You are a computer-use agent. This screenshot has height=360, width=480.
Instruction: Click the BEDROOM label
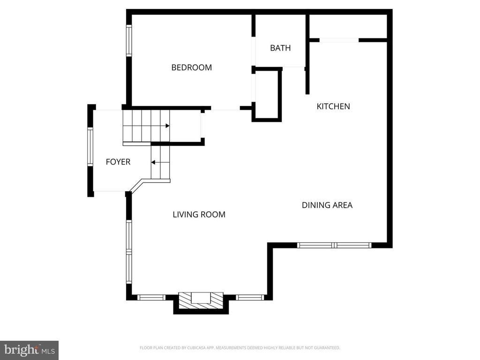[x=191, y=67]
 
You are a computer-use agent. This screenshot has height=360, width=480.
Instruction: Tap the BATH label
[x=280, y=48]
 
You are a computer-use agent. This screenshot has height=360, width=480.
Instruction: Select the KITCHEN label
[x=333, y=106]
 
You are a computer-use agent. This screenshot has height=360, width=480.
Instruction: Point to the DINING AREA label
[x=327, y=205]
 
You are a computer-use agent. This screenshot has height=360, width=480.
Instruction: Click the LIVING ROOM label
[x=199, y=215]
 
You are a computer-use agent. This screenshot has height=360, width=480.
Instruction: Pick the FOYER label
[x=118, y=162]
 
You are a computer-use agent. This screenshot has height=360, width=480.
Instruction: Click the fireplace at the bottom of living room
[x=201, y=300]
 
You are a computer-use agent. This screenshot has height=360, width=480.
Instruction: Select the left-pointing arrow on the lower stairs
[x=153, y=163]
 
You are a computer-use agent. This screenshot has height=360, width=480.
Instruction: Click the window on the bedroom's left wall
[x=129, y=40]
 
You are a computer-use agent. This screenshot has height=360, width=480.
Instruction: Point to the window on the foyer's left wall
[x=90, y=147]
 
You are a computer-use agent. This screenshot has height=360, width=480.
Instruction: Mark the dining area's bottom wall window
[x=334, y=245]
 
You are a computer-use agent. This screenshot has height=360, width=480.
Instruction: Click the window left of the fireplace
[x=151, y=297]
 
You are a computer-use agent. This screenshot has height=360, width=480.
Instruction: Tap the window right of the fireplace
[x=249, y=297]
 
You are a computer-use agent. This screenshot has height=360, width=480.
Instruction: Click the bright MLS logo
[x=29, y=350]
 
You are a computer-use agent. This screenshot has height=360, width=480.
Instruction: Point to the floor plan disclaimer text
[x=240, y=348]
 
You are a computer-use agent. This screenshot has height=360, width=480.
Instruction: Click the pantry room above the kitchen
[x=348, y=26]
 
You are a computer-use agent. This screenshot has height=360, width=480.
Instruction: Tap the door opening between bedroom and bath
[x=253, y=51]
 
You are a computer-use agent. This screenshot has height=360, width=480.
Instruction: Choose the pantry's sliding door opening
[x=339, y=40]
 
